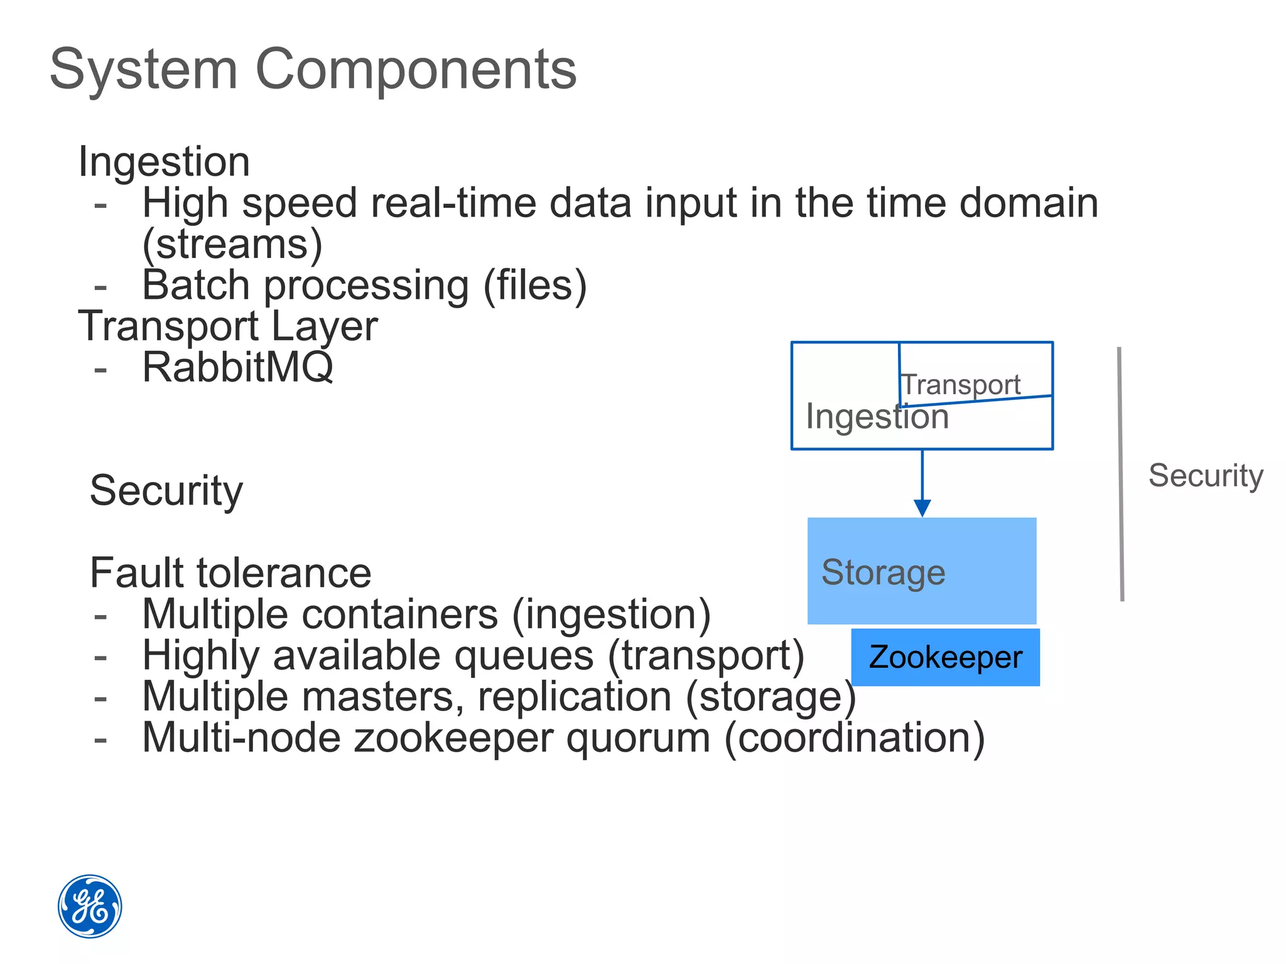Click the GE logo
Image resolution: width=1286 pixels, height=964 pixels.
pyautogui.click(x=90, y=906)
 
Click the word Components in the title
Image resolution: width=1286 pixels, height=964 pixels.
pyautogui.click(x=416, y=69)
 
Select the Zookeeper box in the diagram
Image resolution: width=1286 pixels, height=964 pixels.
pyautogui.click(x=945, y=657)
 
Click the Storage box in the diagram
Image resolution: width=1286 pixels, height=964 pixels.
pyautogui.click(x=921, y=570)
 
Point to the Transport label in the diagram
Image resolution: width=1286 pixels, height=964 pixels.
pyautogui.click(x=961, y=384)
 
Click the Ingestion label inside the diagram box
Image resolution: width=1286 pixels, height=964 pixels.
pyautogui.click(x=877, y=417)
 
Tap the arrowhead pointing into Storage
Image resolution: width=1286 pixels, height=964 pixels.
pyautogui.click(x=922, y=507)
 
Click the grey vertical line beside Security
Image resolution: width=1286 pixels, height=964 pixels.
pyautogui.click(x=1121, y=474)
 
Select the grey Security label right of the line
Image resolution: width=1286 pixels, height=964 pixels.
pyautogui.click(x=1205, y=475)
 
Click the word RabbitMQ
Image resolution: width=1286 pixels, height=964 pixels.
pyautogui.click(x=237, y=367)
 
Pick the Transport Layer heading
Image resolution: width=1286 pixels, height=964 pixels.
pyautogui.click(x=228, y=326)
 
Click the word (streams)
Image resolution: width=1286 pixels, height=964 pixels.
pyautogui.click(x=232, y=244)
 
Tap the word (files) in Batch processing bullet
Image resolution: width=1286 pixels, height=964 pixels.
pyautogui.click(x=534, y=286)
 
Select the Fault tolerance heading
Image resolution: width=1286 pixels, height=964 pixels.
pyautogui.click(x=230, y=573)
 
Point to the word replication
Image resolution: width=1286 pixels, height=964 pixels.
pyautogui.click(x=575, y=697)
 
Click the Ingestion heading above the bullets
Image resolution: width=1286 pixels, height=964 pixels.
pyautogui.click(x=164, y=162)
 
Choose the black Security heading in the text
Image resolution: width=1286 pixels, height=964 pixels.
pyautogui.click(x=166, y=490)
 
